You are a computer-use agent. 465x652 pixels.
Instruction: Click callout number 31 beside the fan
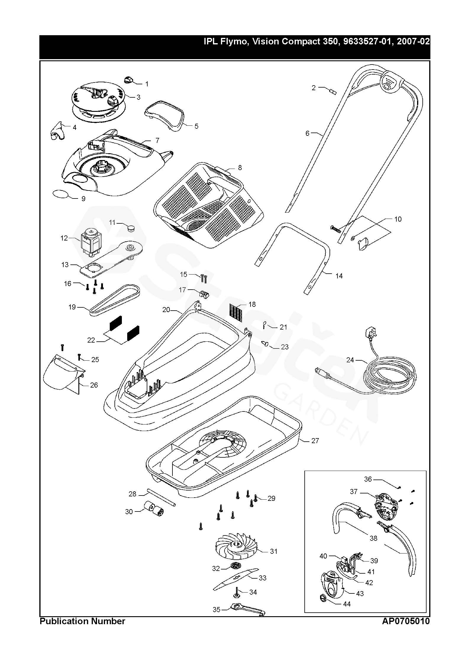pos(274,551)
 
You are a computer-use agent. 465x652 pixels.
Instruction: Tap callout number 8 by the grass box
pos(240,168)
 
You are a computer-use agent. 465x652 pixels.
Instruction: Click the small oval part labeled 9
pos(60,194)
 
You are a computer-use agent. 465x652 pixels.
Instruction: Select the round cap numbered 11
pos(130,228)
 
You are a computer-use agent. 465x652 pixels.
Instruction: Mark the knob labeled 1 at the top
pos(129,80)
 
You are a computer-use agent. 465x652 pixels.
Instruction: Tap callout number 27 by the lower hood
pos(315,449)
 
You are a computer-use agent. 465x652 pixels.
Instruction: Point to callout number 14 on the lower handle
pos(339,276)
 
